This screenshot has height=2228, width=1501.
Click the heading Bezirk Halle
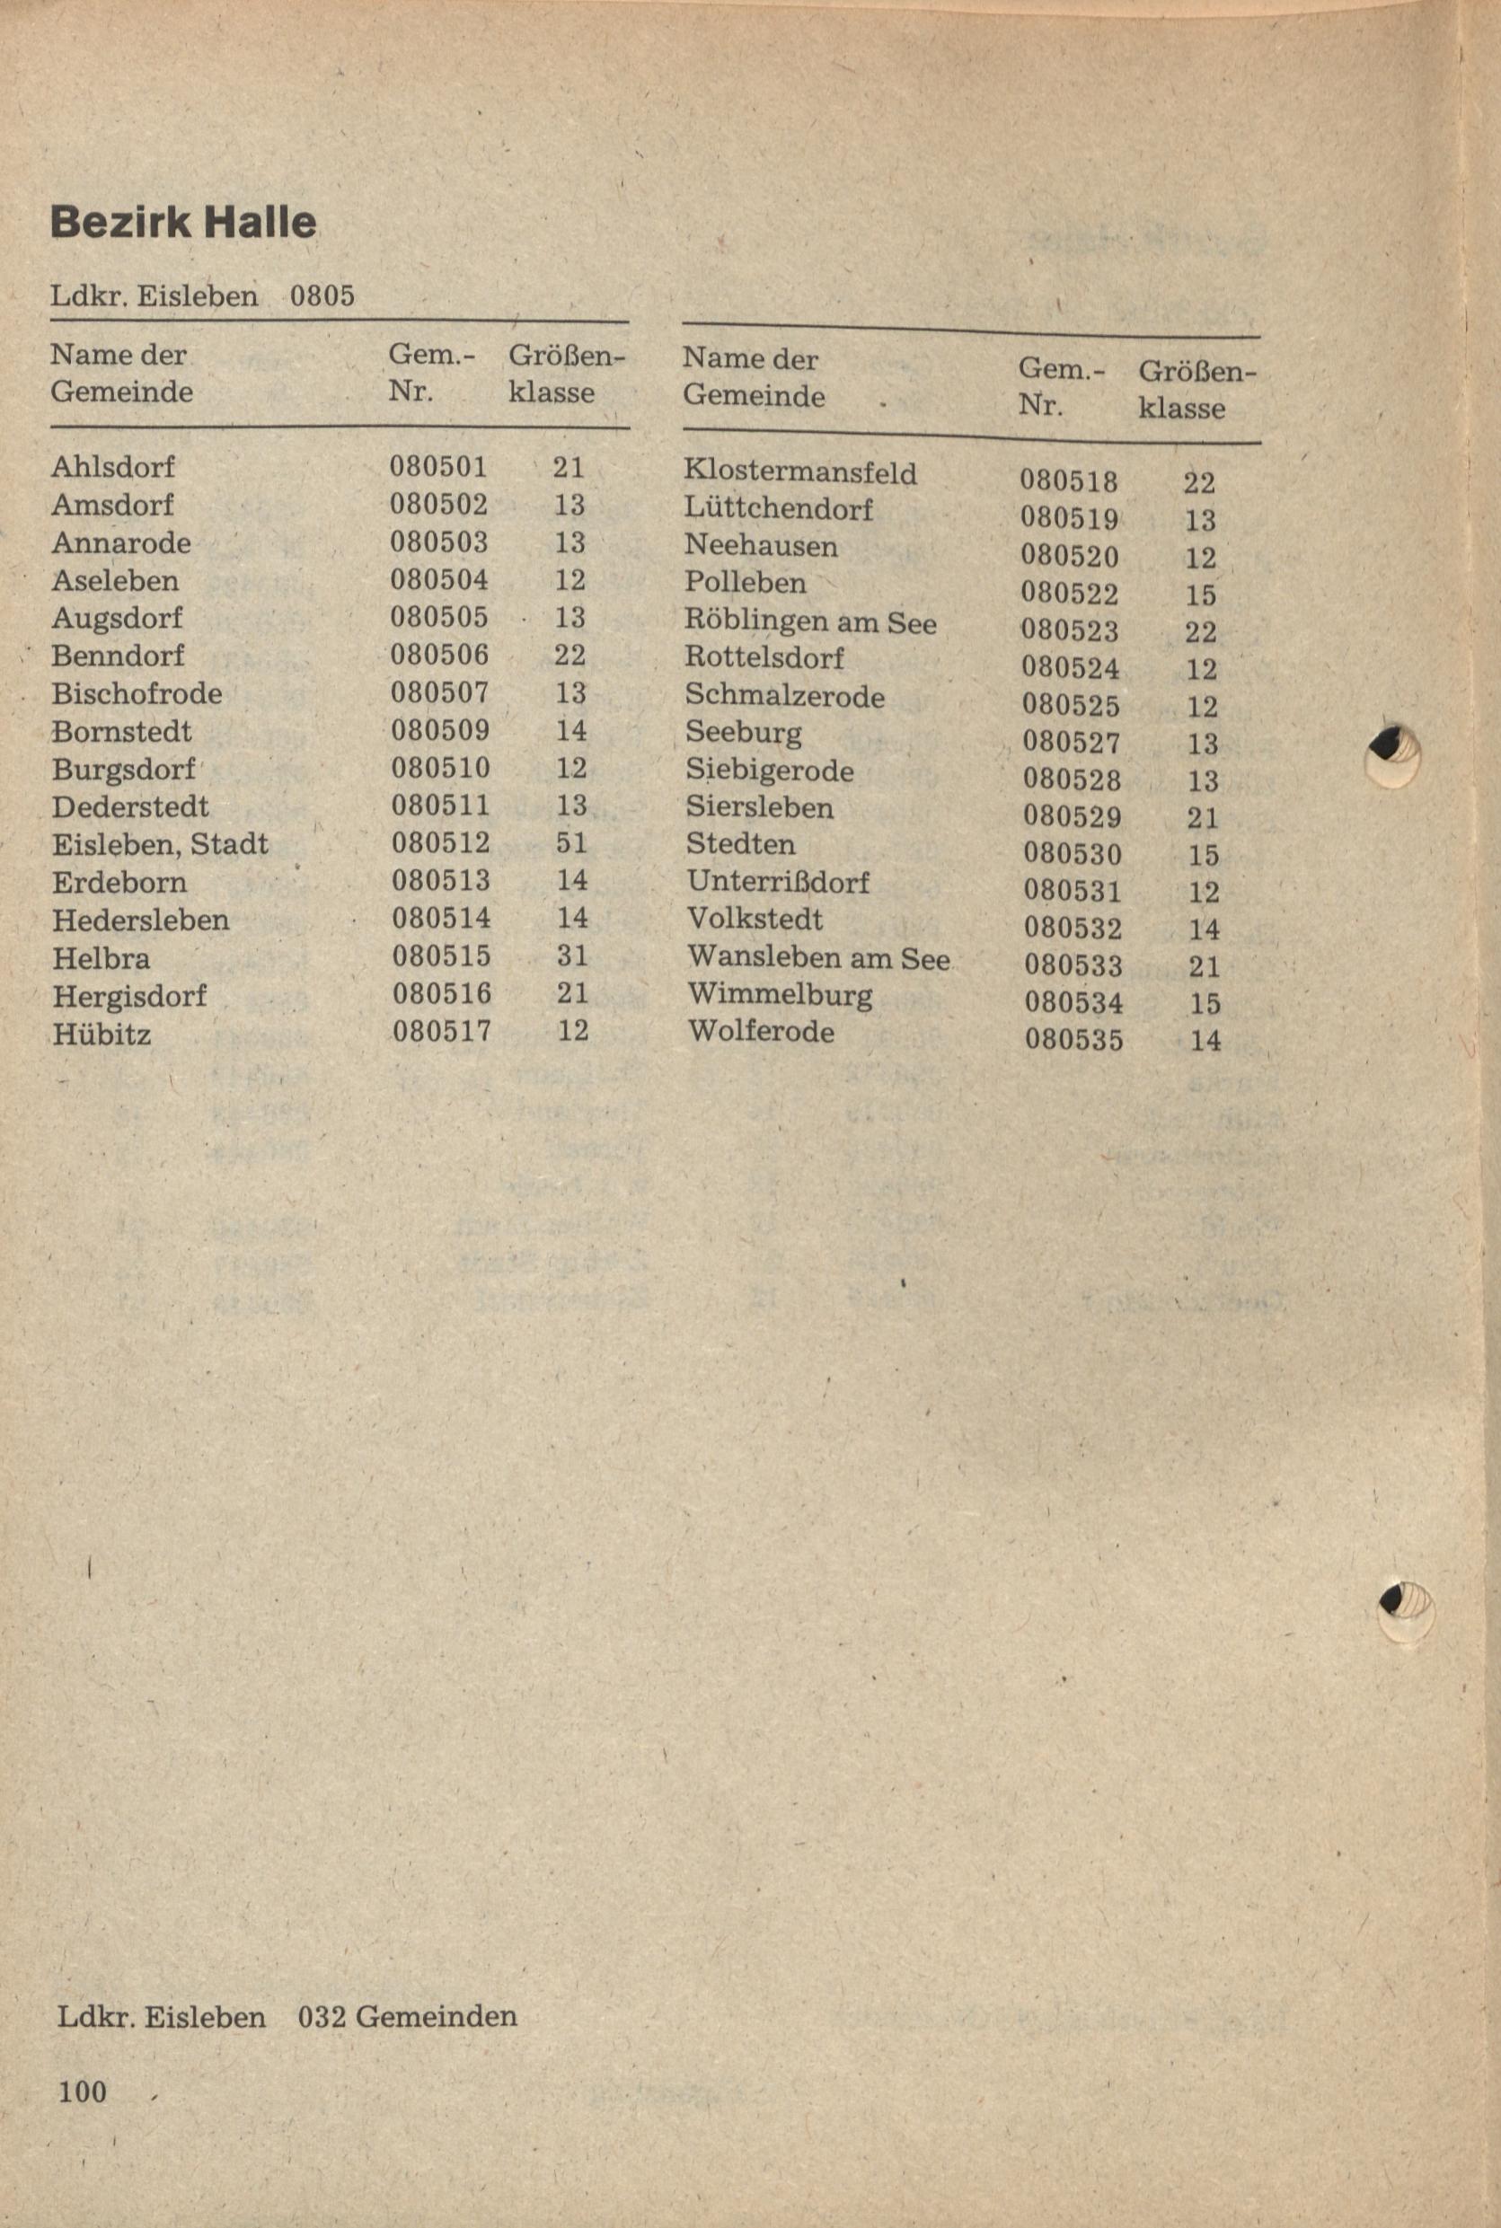183,223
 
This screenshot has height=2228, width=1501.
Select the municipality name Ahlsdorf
113,467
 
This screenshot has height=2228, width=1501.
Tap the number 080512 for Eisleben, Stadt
440,843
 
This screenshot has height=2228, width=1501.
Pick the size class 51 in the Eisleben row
571,843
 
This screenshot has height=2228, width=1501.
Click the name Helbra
101,958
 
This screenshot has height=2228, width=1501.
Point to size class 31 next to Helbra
572,956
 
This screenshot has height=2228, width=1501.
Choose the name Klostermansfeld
800,472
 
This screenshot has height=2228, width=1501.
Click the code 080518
1068,481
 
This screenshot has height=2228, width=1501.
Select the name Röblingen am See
811,622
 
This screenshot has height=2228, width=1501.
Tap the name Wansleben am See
818,958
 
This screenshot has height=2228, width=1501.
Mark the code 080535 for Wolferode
1074,1039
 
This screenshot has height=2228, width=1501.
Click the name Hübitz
102,1034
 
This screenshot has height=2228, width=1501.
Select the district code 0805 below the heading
322,295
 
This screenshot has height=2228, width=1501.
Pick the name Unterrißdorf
777,883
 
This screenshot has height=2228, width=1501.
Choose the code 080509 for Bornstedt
440,730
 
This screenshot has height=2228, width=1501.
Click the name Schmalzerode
785,696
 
